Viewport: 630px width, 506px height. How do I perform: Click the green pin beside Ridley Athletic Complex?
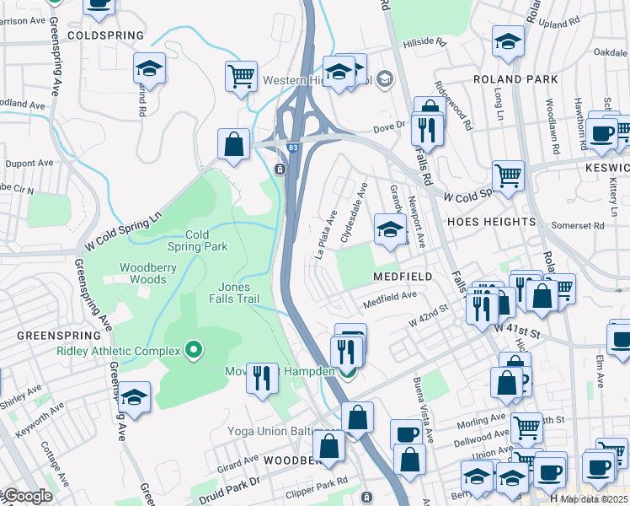pyautogui.click(x=195, y=349)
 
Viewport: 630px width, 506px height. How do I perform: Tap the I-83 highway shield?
pyautogui.click(x=292, y=148)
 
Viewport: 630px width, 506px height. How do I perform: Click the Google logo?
pyautogui.click(x=27, y=496)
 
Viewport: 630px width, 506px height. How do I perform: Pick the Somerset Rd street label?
pyautogui.click(x=577, y=225)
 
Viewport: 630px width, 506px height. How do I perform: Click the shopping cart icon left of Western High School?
pyautogui.click(x=241, y=77)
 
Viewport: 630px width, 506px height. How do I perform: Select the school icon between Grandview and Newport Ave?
pyautogui.click(x=390, y=229)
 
